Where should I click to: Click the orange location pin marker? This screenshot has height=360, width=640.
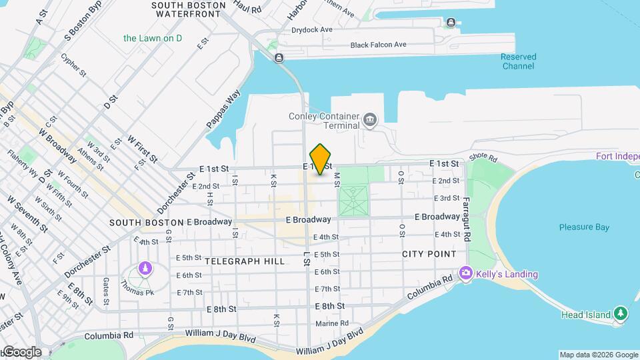[321, 159]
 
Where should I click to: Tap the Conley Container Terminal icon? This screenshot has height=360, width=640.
[370, 121]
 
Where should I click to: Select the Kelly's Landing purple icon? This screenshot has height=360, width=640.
[465, 274]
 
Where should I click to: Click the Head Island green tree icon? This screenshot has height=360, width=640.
[621, 313]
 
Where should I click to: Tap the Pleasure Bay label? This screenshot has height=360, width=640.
[584, 227]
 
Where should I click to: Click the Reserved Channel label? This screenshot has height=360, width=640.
[518, 61]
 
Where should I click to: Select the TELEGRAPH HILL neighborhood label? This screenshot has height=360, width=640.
[245, 261]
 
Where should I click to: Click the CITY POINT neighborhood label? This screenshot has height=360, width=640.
[429, 254]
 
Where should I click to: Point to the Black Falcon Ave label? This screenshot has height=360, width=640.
[378, 45]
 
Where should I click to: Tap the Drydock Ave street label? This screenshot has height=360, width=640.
[312, 30]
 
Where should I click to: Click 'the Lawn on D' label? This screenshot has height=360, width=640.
[153, 38]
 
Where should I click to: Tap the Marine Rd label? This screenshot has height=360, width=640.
[332, 323]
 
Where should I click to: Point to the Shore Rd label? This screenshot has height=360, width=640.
[483, 158]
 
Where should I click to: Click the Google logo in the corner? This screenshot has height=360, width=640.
[21, 352]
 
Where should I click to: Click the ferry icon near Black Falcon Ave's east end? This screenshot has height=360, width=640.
[451, 23]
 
